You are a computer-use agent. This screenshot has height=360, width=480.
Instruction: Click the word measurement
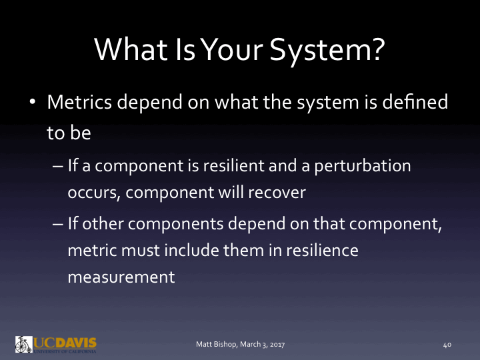click(x=121, y=276)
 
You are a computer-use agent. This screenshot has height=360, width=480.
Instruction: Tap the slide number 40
click(x=447, y=345)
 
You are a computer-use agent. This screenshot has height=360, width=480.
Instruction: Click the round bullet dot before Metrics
click(x=32, y=105)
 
